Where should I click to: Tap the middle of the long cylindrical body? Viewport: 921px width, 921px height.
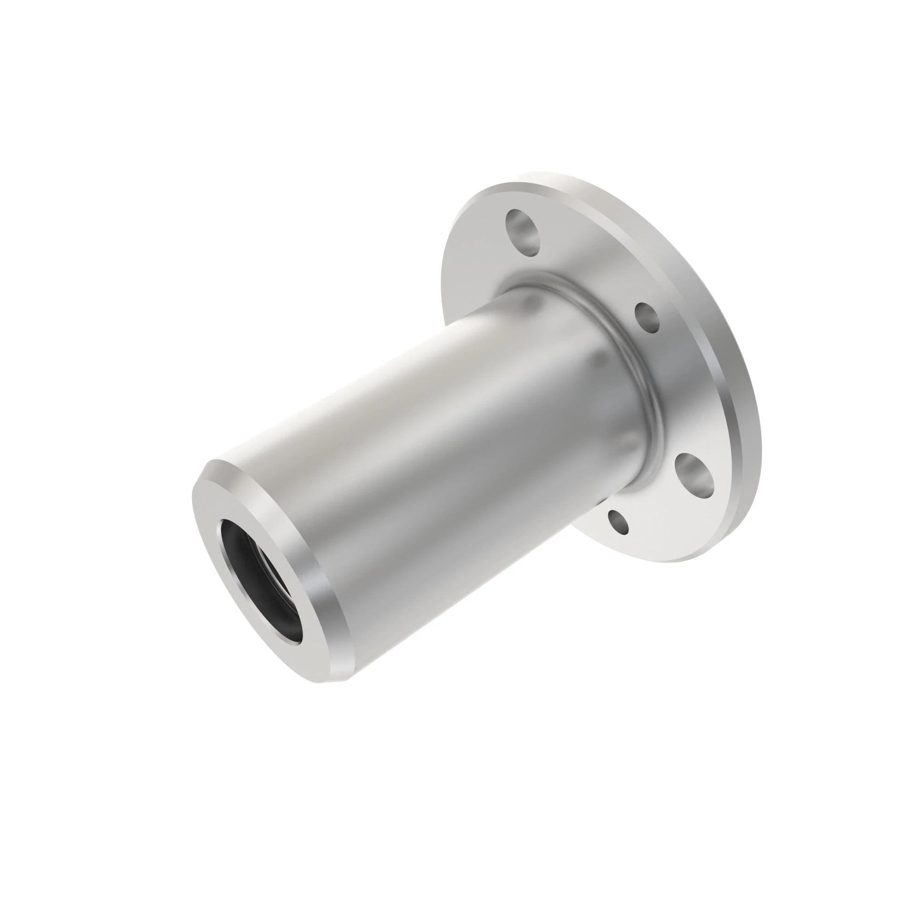429,453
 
